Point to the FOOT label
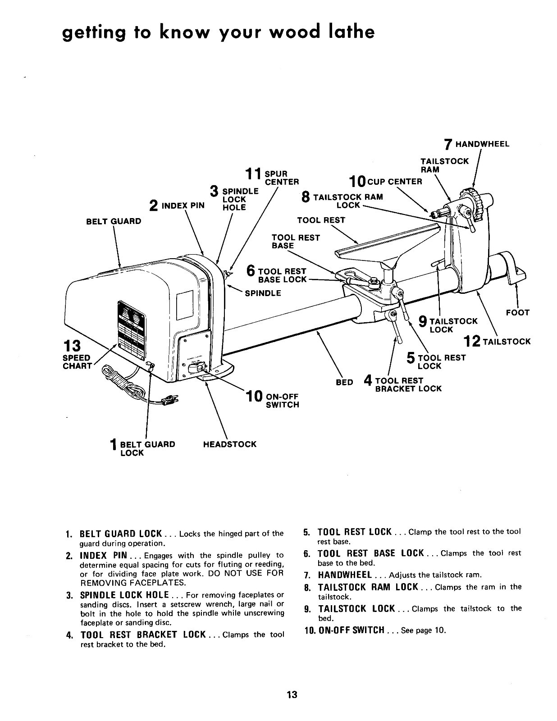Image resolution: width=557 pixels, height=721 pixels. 517,312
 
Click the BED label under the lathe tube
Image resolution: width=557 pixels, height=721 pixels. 344,382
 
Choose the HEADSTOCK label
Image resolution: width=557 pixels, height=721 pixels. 229,444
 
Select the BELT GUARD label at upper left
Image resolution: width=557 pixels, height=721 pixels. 114,221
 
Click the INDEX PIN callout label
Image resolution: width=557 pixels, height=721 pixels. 183,206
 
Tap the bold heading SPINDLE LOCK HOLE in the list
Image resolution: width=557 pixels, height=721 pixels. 124,595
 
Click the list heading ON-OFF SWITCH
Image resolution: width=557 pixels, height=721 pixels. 351,630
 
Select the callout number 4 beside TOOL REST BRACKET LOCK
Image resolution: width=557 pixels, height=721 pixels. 368,381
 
